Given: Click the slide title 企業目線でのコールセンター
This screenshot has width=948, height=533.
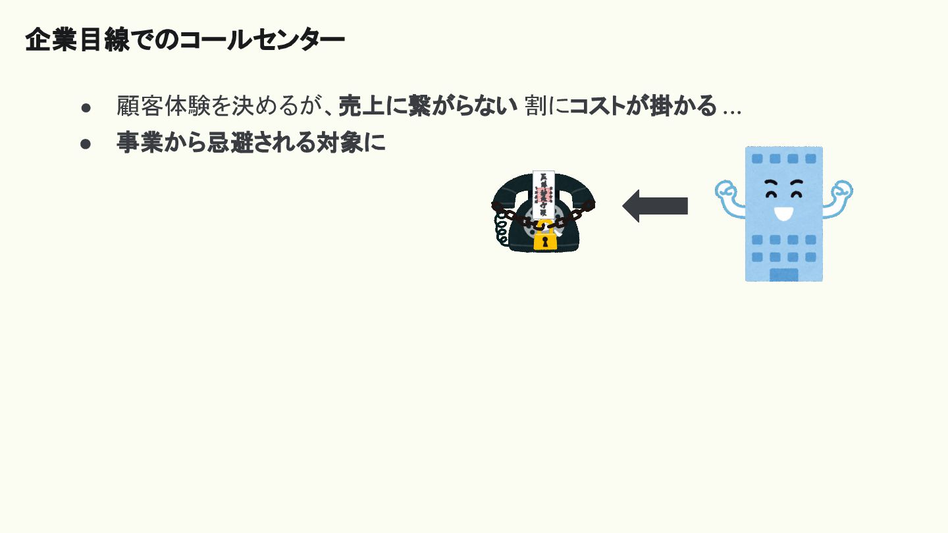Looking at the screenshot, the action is [184, 41].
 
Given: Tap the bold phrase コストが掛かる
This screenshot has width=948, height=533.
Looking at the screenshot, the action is [643, 106].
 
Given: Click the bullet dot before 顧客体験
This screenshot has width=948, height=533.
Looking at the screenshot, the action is [86, 107].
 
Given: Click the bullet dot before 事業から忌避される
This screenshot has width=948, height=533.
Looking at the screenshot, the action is [86, 143].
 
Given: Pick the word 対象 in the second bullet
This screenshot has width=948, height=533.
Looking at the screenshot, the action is [344, 143].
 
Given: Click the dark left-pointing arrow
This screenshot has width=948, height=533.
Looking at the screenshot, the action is [655, 206].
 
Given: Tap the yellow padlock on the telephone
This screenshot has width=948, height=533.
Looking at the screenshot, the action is [545, 239].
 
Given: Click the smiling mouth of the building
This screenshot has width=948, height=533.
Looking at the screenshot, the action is [783, 213].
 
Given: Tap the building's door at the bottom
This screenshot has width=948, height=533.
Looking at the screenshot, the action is [783, 274].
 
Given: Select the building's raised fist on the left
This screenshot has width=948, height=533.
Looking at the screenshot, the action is [726, 191].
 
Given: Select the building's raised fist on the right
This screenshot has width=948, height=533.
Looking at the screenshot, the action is [841, 191].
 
